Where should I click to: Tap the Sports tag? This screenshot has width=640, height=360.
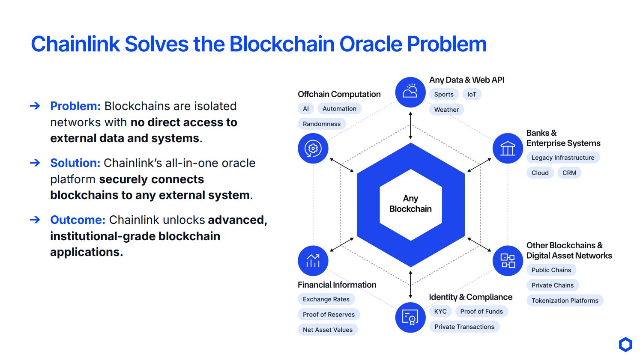coord(444,94)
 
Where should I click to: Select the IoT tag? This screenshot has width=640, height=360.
coord(472,94)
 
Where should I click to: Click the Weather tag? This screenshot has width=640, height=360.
coord(446,110)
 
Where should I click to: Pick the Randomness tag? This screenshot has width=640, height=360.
coord(322,124)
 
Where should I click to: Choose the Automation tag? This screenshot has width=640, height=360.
coord(339,109)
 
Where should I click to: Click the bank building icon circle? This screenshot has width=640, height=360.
coord(508,148)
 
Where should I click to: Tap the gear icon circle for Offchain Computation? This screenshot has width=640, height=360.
coord(313,148)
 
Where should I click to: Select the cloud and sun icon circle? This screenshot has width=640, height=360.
coord(410,92)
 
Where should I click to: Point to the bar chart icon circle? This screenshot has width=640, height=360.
coord(313,261)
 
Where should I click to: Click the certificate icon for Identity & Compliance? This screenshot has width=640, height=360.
coord(410,317)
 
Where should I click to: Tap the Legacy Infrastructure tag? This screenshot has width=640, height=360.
coord(563,158)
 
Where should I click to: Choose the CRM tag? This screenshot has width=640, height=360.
coord(569,173)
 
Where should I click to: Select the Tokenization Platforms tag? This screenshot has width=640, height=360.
coord(565,300)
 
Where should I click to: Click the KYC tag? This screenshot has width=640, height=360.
coord(440,312)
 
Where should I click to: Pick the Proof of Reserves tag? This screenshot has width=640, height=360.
coord(329,314)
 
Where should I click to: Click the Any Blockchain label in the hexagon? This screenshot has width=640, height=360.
coord(410,204)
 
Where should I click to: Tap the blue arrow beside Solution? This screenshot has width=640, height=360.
coord(35,163)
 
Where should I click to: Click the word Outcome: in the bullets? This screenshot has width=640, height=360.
coord(78,220)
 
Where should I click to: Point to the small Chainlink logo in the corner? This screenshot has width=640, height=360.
coord(625,344)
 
